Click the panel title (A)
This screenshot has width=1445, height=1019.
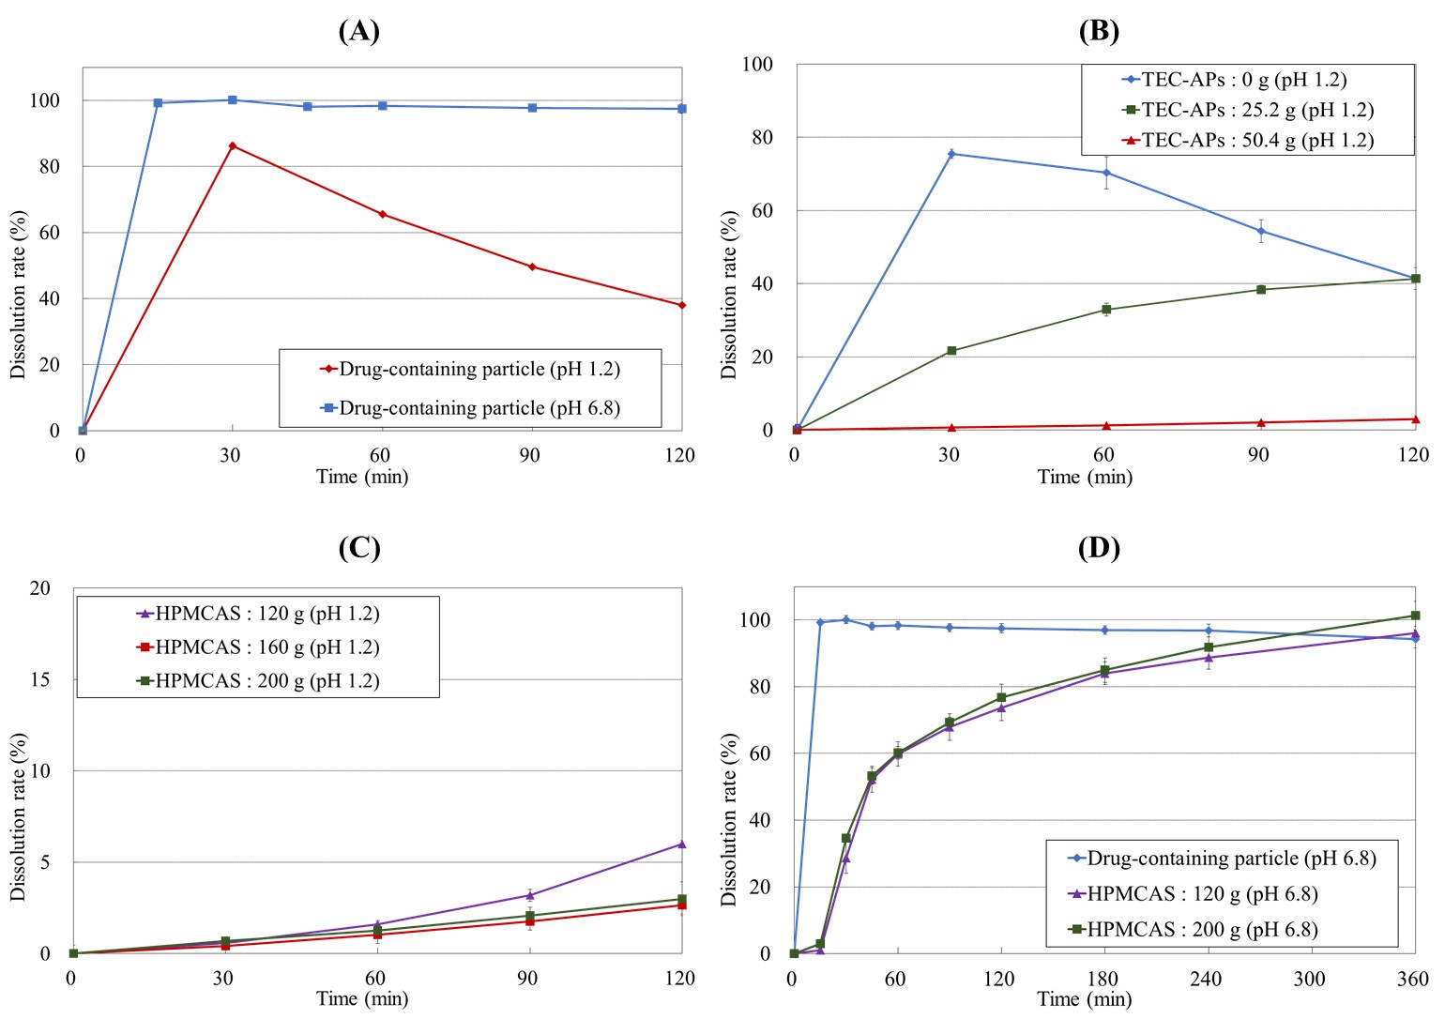(358, 31)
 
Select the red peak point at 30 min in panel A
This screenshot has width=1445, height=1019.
(232, 145)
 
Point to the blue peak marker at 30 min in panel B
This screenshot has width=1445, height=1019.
(951, 153)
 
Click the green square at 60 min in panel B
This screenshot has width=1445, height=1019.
(1106, 310)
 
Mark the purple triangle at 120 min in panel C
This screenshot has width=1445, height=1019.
(681, 844)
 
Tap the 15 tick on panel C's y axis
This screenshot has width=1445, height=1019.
(40, 679)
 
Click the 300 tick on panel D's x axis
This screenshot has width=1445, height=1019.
(1310, 979)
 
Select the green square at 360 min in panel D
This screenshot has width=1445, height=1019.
(1415, 616)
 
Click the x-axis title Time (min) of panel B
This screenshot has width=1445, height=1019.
(1085, 477)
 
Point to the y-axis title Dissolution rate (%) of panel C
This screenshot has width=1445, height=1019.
(18, 817)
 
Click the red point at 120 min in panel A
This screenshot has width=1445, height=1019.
(681, 305)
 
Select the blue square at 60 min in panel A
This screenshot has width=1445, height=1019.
(382, 106)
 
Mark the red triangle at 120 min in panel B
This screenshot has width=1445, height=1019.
(1415, 419)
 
